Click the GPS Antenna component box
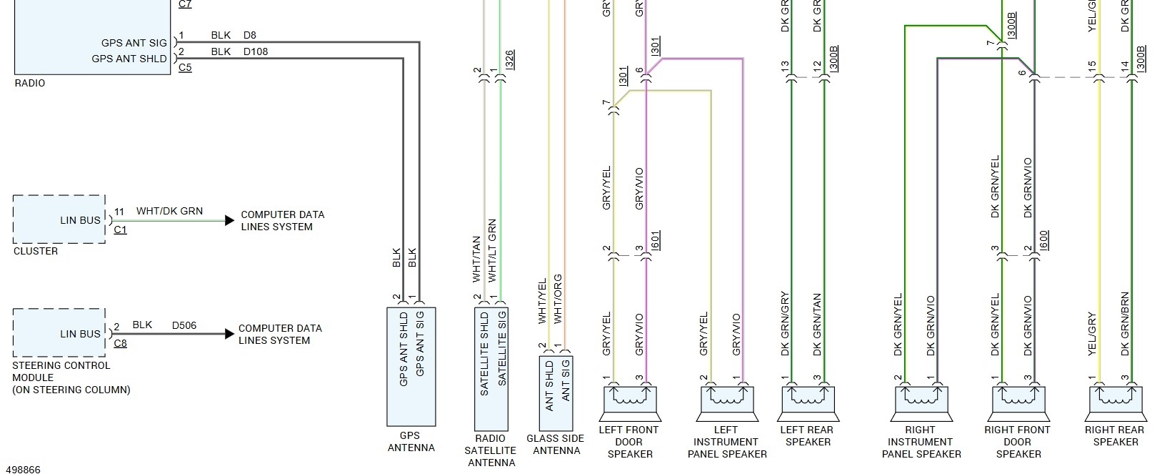(411, 366)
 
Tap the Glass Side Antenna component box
(556, 392)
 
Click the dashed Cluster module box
(59, 219)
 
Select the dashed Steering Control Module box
(59, 333)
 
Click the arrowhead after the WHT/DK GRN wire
(229, 220)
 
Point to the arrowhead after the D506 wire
(229, 333)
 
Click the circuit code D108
(256, 51)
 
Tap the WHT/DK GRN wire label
(169, 211)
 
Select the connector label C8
(120, 343)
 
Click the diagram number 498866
(22, 469)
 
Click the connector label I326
(509, 59)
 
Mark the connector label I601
(656, 240)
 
